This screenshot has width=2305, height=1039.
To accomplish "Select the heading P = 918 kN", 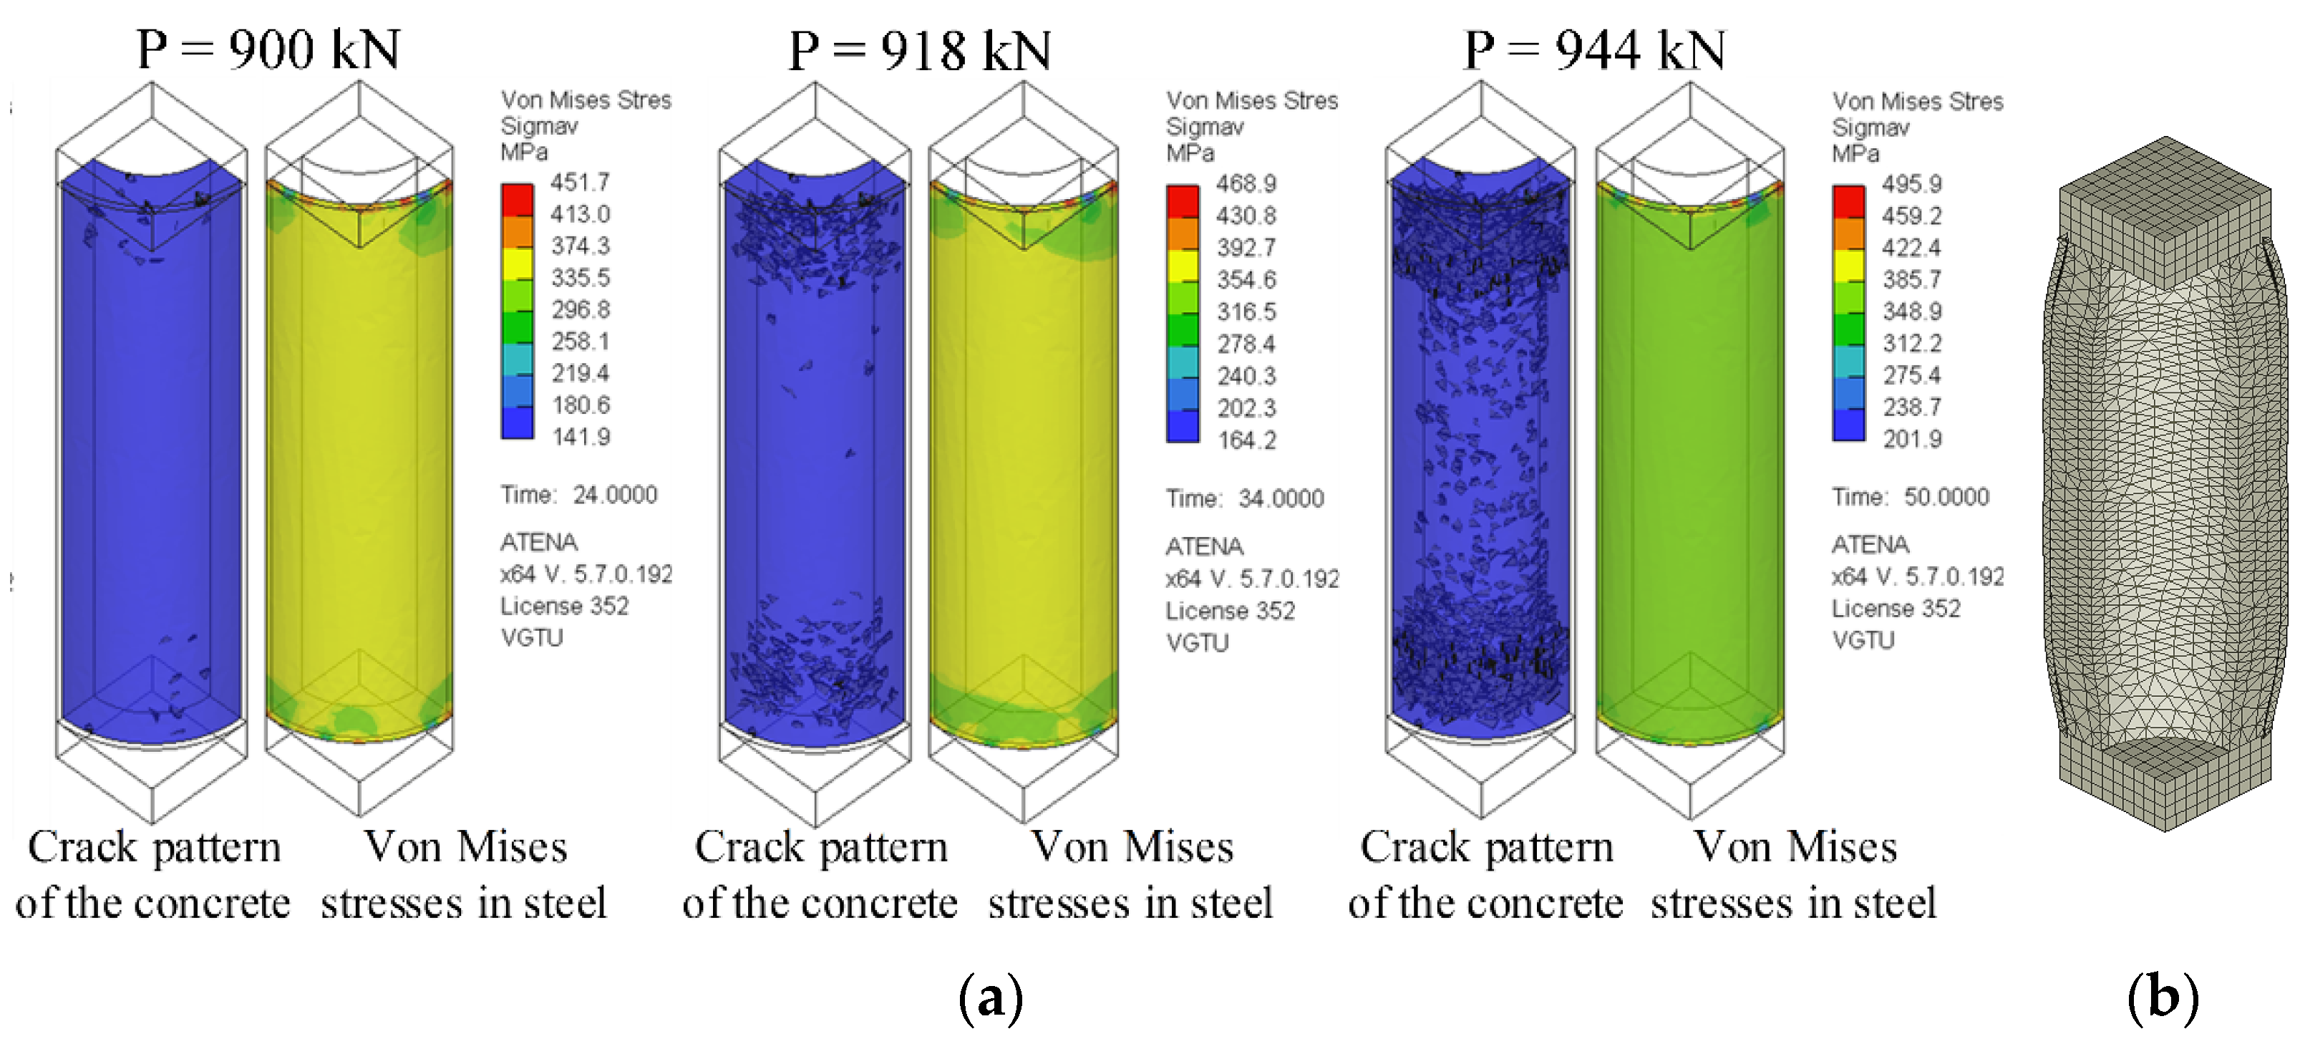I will pyautogui.click(x=919, y=50).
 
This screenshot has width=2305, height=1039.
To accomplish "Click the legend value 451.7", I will pyautogui.click(x=580, y=183).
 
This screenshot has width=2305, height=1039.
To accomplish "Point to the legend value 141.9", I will pyautogui.click(x=581, y=438).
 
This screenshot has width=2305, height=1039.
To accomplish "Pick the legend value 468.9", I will pyautogui.click(x=1246, y=184).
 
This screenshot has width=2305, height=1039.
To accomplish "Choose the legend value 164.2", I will pyautogui.click(x=1246, y=440).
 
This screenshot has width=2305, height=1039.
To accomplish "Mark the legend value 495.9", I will pyautogui.click(x=1911, y=184).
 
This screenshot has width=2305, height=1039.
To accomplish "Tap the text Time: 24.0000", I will pyautogui.click(x=578, y=495).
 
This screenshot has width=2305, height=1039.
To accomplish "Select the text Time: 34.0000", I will pyautogui.click(x=1244, y=498).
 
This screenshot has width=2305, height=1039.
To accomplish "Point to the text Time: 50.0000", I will pyautogui.click(x=1910, y=498).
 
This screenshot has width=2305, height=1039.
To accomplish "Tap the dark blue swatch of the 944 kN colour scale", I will pyautogui.click(x=1848, y=424).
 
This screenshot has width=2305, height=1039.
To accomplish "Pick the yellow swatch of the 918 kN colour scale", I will pyautogui.click(x=1182, y=265).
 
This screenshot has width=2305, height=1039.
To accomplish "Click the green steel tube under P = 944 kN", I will pyautogui.click(x=1689, y=465).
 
